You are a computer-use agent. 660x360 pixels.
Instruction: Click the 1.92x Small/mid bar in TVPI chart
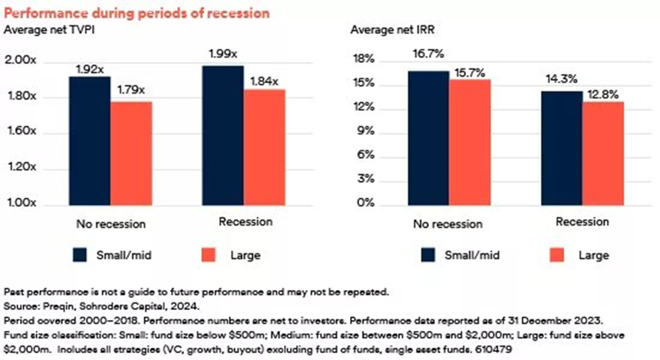90,141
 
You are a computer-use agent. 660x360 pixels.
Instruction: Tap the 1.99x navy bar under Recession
223,136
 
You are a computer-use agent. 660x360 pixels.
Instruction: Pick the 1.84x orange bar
265,147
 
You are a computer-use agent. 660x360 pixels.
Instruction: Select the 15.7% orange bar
470,142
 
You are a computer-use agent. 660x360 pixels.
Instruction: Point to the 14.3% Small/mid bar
561,148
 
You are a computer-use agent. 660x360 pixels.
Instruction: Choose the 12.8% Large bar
602,154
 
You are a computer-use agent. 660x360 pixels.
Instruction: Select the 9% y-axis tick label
366,132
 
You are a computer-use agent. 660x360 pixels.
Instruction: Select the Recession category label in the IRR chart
582,222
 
